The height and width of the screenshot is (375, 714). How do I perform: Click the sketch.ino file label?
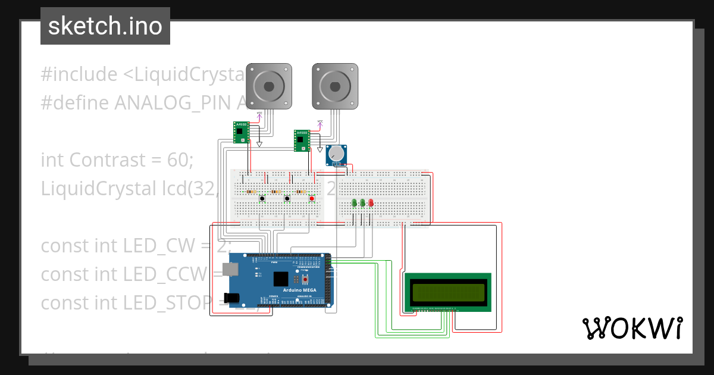[105, 26]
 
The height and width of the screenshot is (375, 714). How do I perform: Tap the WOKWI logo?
[632, 328]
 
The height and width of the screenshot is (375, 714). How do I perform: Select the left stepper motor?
[270, 86]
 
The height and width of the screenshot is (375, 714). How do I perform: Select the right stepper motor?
[335, 86]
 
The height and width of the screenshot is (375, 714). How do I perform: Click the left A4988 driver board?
[241, 132]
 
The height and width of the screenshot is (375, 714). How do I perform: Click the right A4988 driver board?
[302, 140]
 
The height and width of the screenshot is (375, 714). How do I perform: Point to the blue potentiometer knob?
[337, 154]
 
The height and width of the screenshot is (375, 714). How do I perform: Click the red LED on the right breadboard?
[371, 204]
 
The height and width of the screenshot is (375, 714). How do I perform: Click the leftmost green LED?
[355, 204]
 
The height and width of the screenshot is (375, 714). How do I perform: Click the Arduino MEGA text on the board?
[299, 290]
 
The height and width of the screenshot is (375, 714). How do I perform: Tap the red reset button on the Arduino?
[306, 278]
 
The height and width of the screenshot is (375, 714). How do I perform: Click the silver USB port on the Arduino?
[228, 271]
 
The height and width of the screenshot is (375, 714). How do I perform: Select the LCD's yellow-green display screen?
[447, 292]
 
